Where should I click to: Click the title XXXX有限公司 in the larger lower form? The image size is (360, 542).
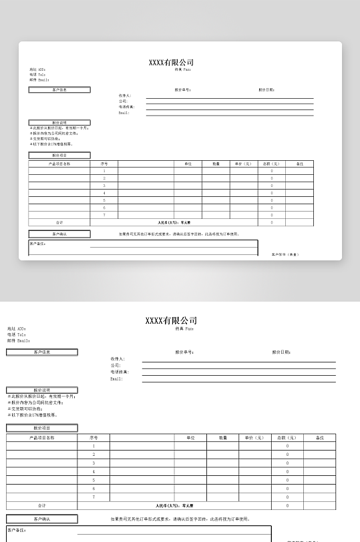click(x=171, y=320)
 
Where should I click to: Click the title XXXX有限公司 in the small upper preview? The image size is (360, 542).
click(x=171, y=62)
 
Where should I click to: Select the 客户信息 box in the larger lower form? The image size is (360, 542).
click(x=42, y=352)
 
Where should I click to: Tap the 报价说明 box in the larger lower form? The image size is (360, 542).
click(x=42, y=390)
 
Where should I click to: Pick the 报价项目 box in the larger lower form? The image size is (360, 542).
click(x=42, y=428)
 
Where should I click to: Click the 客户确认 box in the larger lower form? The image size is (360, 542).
click(x=42, y=519)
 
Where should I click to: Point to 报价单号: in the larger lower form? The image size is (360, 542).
click(x=184, y=352)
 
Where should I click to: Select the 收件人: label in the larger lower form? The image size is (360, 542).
click(x=118, y=359)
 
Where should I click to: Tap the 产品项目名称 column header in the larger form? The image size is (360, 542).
click(x=42, y=438)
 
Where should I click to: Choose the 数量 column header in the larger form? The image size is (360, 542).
click(x=222, y=438)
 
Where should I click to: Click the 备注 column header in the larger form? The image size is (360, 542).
click(x=319, y=438)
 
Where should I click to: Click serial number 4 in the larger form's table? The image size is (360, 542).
click(x=94, y=472)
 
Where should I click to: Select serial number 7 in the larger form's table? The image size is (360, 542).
click(x=94, y=497)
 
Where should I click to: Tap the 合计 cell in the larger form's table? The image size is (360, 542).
click(x=42, y=506)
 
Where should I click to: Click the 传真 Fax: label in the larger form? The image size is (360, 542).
click(x=184, y=328)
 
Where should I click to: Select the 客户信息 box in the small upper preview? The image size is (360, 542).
click(x=59, y=89)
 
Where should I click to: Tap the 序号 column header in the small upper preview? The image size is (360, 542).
click(x=104, y=164)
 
